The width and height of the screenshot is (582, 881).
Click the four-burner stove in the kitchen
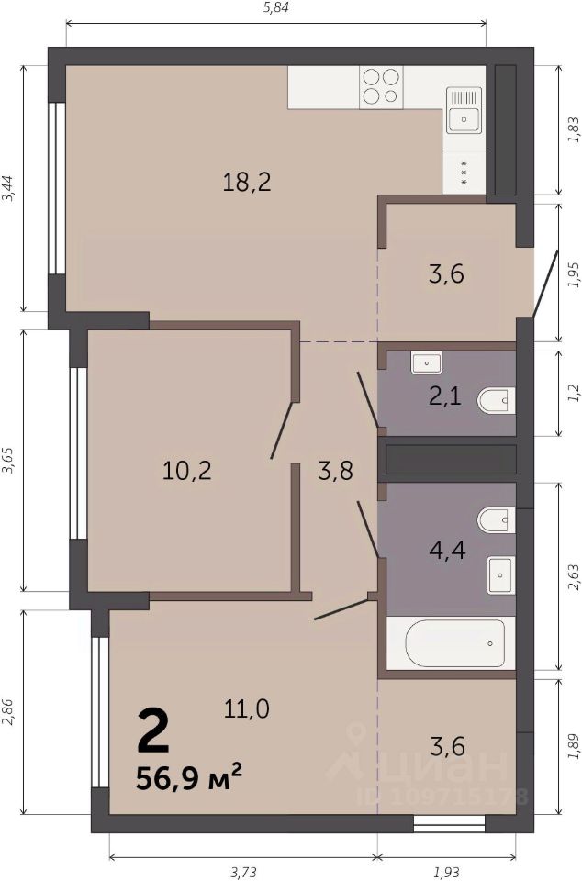tap(381, 86)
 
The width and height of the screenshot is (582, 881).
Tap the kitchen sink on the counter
tap(464, 109)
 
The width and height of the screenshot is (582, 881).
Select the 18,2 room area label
tap(247, 182)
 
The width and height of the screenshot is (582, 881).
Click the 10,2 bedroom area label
tap(186, 470)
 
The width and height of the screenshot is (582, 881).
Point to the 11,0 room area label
tap(247, 708)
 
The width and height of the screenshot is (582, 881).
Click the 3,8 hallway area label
tap(335, 470)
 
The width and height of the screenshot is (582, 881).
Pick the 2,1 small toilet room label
tap(445, 396)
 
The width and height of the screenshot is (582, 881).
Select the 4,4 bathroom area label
tap(447, 550)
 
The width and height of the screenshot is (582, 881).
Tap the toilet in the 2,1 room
tap(497, 401)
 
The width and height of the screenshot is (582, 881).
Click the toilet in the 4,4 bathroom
tap(497, 520)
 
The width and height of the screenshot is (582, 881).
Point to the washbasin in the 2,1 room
tap(426, 363)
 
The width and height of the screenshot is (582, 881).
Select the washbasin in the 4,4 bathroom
tap(500, 575)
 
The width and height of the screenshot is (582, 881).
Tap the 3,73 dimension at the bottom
tap(243, 873)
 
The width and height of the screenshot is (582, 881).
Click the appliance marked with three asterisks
tap(464, 173)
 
